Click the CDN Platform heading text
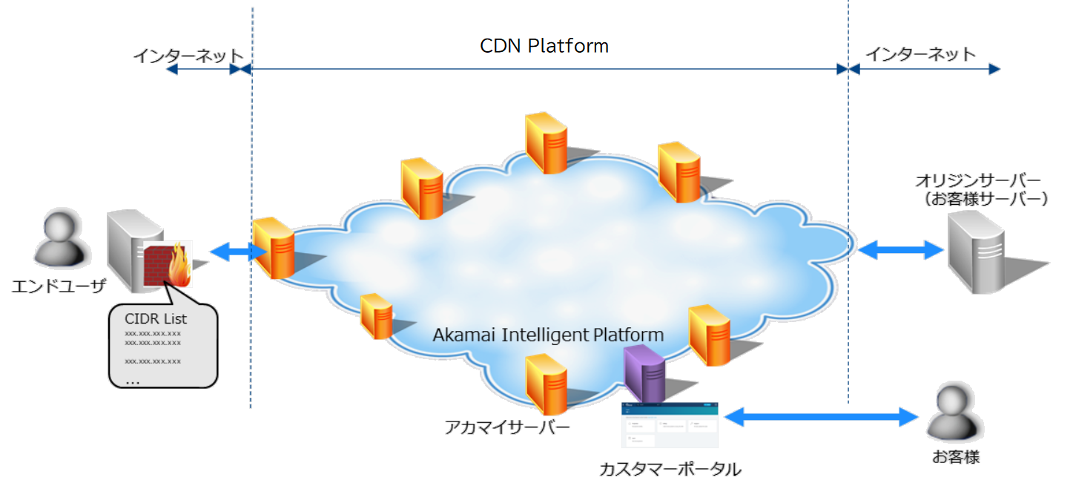pyautogui.click(x=544, y=46)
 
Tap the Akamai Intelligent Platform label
pyautogui.click(x=548, y=335)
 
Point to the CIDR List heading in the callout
pyautogui.click(x=156, y=320)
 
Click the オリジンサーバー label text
pyautogui.click(x=978, y=181)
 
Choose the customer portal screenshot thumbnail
pyautogui.click(x=670, y=424)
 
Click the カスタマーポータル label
pyautogui.click(x=670, y=469)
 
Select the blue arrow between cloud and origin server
pyautogui.click(x=900, y=249)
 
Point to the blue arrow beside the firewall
pyautogui.click(x=237, y=252)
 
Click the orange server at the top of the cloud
pyautogui.click(x=547, y=143)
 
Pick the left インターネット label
pyautogui.click(x=188, y=56)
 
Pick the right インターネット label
pyautogui.click(x=921, y=54)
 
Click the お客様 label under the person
pyautogui.click(x=956, y=456)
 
